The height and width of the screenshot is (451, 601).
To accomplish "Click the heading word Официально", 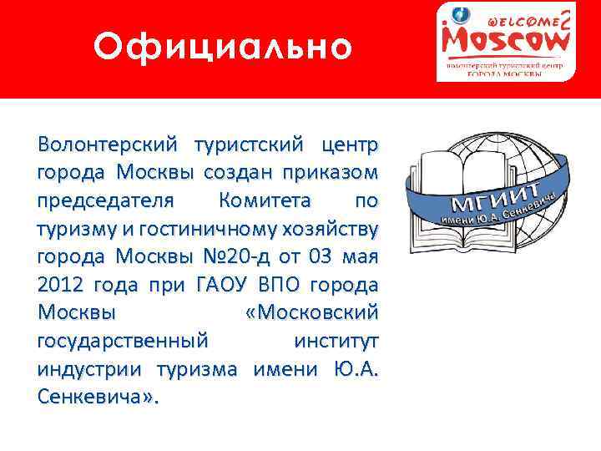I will click(223, 47).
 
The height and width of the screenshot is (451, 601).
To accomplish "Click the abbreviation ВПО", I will click(273, 284).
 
